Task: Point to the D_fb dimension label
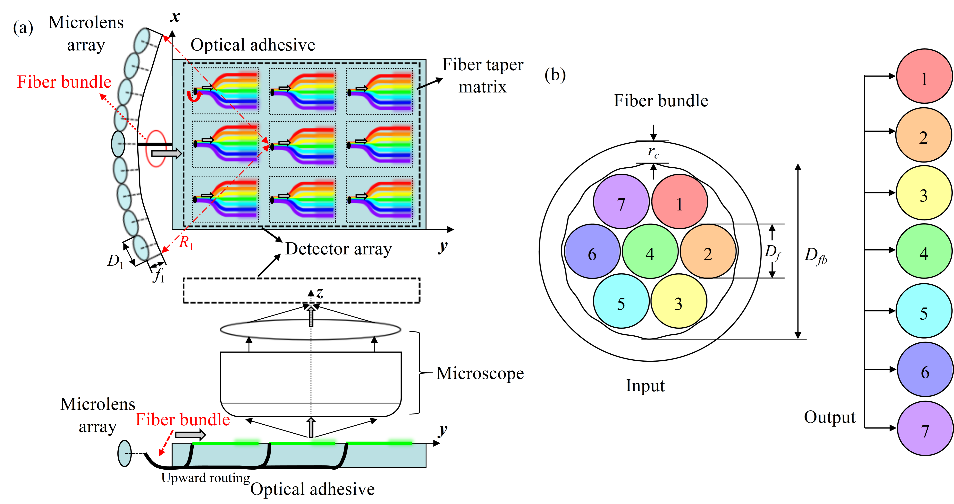point(815,256)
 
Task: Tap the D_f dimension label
point(773,252)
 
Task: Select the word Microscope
point(480,373)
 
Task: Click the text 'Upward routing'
point(206,478)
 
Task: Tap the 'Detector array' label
point(338,249)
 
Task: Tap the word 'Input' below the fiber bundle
point(645,386)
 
